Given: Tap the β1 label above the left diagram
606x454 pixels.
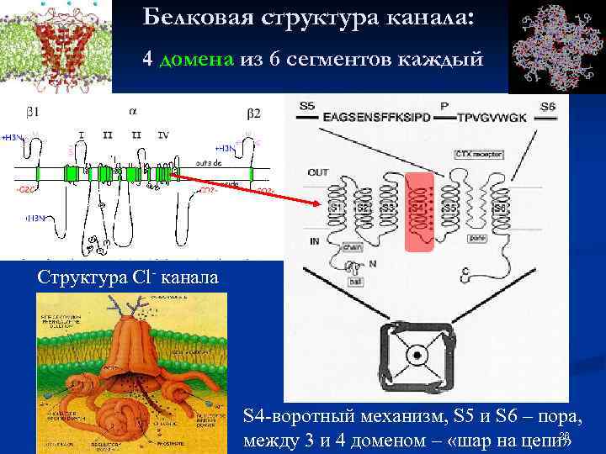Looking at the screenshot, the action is [x=32, y=112].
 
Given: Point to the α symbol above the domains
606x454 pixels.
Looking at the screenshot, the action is [x=134, y=110].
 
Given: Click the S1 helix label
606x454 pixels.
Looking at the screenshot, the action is [x=337, y=207].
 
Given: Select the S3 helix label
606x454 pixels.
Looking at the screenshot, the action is [x=388, y=207].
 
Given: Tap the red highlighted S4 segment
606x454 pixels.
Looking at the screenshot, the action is [x=418, y=210].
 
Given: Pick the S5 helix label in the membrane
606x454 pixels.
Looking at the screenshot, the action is [x=450, y=207].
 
